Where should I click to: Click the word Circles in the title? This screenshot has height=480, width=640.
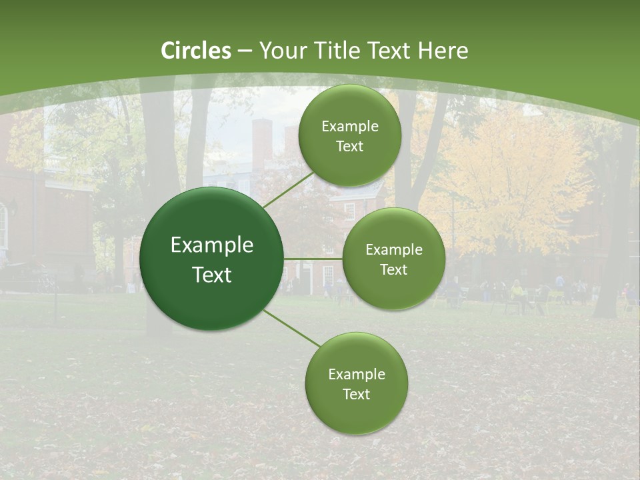coord(196,51)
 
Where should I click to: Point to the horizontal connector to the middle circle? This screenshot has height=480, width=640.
coord(313,259)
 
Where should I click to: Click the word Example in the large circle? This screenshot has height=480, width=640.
coord(212,245)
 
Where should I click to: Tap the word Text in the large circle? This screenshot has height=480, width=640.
coord(212,275)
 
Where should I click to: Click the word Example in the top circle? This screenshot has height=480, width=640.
coord(350,127)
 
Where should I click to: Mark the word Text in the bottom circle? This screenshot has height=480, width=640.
coord(356,394)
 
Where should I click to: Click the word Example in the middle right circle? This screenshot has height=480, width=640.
coord(394,250)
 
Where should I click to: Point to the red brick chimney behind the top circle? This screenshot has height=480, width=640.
coord(262,143)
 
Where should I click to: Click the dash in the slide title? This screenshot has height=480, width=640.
coord(245,51)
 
